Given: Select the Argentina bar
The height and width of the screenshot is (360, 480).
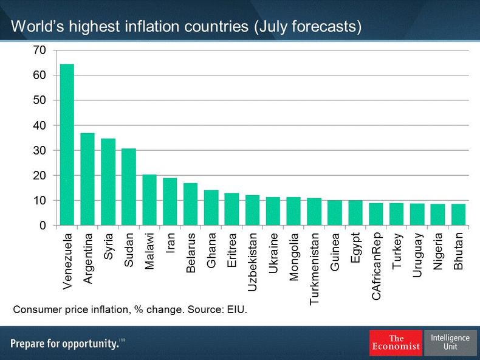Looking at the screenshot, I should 87,179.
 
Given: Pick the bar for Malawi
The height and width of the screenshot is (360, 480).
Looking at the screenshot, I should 149,200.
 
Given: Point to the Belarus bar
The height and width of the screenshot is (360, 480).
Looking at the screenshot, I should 191,204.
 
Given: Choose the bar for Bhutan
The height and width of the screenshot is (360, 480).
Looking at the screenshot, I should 459,215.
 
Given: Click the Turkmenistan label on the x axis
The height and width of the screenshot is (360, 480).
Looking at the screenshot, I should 314,268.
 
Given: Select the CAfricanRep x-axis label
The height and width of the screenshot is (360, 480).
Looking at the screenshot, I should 376,265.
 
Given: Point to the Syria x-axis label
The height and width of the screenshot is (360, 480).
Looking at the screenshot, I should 109,246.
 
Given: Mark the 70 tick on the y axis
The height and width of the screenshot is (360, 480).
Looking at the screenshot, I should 39,50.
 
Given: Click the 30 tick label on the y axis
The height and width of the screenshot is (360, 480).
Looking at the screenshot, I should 39,150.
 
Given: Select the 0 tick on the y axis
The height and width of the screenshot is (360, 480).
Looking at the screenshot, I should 43,226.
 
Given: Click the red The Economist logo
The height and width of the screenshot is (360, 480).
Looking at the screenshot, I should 396,343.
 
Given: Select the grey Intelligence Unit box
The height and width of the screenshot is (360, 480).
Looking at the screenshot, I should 450,342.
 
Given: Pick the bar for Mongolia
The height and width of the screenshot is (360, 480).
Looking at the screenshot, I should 293,211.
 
